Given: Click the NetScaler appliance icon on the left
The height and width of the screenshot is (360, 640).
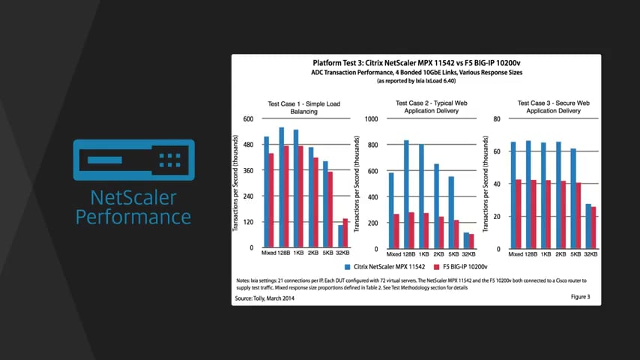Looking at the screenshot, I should [133, 160].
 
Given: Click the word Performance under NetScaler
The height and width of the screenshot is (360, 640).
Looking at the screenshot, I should [133, 217].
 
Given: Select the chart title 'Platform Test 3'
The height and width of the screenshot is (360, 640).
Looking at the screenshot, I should [416, 63].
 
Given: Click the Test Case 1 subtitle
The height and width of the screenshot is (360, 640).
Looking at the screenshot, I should [294, 107].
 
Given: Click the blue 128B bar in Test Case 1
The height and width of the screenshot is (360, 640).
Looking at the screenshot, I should [282, 187].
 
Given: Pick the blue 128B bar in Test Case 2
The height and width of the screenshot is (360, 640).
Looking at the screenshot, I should [406, 193].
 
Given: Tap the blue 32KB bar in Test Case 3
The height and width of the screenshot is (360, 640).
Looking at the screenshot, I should [588, 226].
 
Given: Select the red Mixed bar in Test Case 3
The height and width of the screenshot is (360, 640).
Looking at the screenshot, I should [519, 214].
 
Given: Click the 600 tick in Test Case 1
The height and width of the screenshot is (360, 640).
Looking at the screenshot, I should [248, 118].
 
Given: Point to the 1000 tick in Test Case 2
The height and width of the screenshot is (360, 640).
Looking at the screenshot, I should [370, 118].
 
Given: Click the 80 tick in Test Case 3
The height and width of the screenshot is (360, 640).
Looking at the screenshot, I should [496, 118].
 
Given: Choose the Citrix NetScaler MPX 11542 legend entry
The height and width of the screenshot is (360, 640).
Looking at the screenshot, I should [384, 266].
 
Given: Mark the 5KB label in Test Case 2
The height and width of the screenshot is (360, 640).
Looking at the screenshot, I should [452, 254].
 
